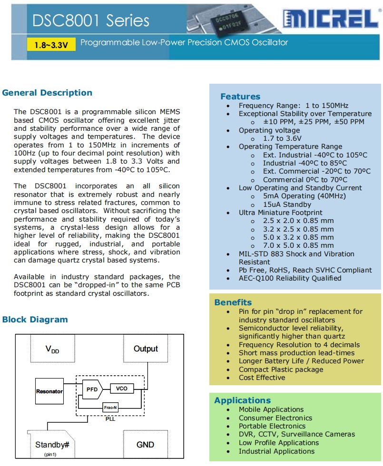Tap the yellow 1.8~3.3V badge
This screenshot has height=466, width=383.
click(51, 45)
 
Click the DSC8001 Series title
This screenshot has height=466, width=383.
click(91, 20)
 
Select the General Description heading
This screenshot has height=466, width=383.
click(47, 93)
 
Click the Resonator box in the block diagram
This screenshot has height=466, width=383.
click(49, 391)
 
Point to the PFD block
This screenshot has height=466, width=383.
click(92, 389)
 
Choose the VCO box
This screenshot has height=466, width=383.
click(122, 388)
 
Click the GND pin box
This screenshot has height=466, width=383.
click(145, 444)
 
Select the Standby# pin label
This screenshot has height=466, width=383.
click(52, 445)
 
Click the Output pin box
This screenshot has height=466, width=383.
click(146, 349)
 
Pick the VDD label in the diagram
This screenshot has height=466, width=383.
click(52, 350)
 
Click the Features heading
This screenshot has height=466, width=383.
click(240, 97)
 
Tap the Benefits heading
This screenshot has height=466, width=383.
click(233, 302)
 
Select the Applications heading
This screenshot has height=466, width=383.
click(242, 400)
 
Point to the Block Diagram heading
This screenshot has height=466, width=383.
click(35, 320)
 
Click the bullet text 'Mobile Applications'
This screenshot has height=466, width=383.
click(271, 409)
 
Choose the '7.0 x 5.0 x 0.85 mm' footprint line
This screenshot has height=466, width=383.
click(298, 245)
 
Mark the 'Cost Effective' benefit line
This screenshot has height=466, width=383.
click(262, 378)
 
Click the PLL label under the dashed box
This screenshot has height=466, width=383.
click(110, 419)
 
